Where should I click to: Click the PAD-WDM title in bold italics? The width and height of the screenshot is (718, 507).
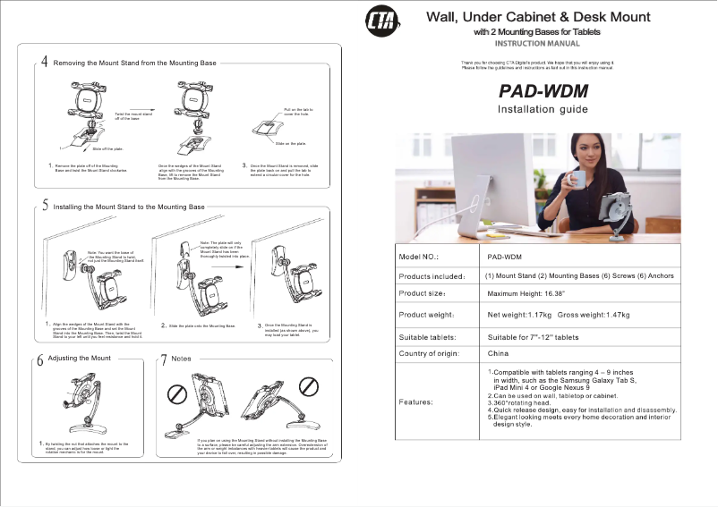[543, 91]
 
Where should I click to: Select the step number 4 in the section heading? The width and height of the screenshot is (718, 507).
[45, 63]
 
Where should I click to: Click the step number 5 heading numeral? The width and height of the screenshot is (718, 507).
[45, 206]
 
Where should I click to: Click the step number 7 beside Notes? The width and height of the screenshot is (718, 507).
[164, 359]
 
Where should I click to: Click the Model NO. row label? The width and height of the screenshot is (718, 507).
[418, 256]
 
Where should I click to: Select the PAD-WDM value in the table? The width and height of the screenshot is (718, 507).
[505, 256]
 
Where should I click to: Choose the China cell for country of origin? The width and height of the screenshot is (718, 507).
[498, 354]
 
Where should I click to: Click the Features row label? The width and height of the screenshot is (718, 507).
[417, 401]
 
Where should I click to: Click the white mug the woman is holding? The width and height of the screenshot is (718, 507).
[577, 179]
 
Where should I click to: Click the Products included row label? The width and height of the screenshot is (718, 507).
[431, 276]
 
